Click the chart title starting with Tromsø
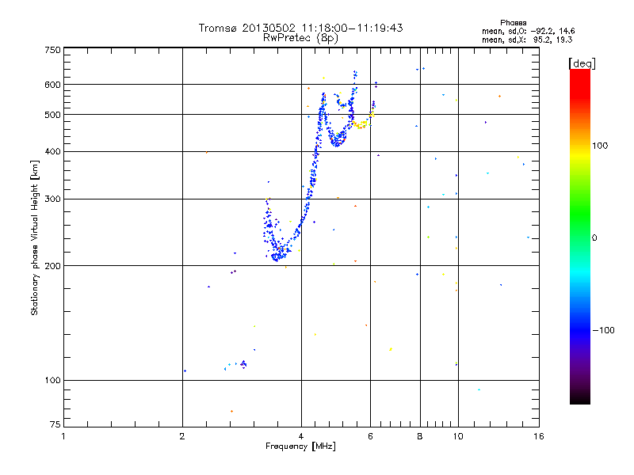(300, 28)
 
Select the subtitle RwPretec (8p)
(300, 37)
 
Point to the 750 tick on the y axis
(52, 50)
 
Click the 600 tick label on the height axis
(52, 85)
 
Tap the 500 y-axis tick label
(52, 115)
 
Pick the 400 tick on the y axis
(52, 152)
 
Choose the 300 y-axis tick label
(52, 199)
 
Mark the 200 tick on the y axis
(52, 266)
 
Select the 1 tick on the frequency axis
(63, 436)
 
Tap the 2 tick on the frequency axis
(182, 436)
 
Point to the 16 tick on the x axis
(538, 436)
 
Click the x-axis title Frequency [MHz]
(300, 446)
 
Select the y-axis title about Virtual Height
(35, 237)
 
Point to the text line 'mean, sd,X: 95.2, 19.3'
(527, 39)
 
